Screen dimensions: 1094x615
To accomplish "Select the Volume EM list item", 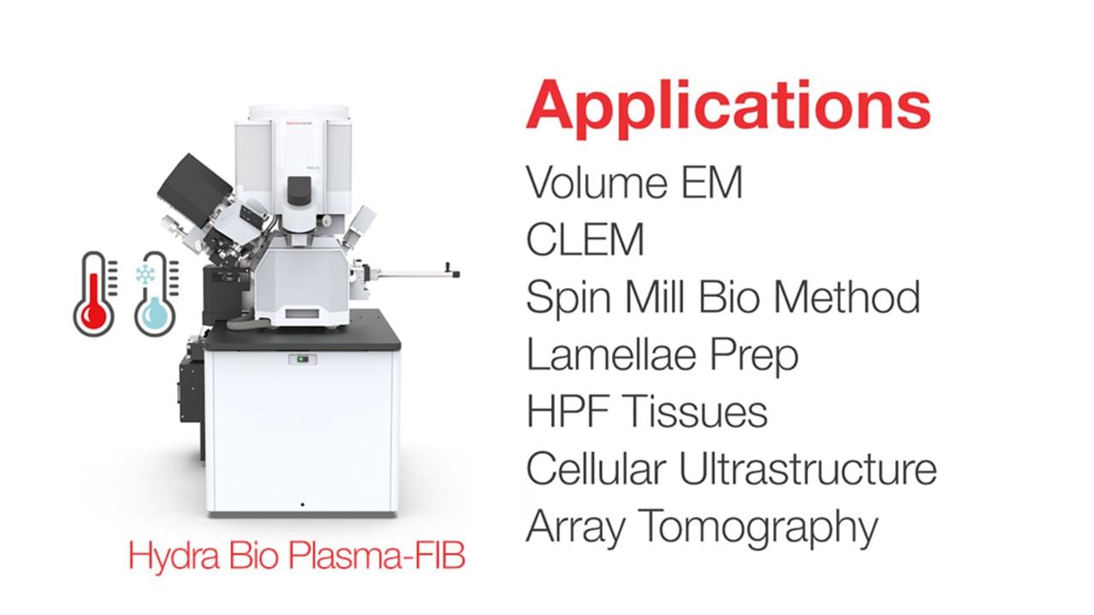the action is click(x=634, y=182).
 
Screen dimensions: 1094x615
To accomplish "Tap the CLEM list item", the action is click(x=585, y=239).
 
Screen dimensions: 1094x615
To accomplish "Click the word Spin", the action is click(x=568, y=298).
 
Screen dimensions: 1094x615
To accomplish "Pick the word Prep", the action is click(x=754, y=358).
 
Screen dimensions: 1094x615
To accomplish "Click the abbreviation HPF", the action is click(x=568, y=412).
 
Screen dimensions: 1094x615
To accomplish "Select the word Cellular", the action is click(x=596, y=469).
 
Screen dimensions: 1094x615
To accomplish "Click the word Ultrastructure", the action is click(x=809, y=469).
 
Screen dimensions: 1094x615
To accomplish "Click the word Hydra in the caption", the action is click(x=174, y=557).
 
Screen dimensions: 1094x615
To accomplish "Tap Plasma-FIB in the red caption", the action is click(x=376, y=555).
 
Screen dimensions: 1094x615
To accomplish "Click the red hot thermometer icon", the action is click(x=95, y=294).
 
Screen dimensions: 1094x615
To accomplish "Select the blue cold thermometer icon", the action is click(x=156, y=294).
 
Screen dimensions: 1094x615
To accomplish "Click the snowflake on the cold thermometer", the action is click(x=145, y=274).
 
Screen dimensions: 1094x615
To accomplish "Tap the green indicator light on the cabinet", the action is click(x=303, y=360).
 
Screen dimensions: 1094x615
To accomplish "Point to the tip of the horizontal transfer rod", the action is click(x=458, y=274).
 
